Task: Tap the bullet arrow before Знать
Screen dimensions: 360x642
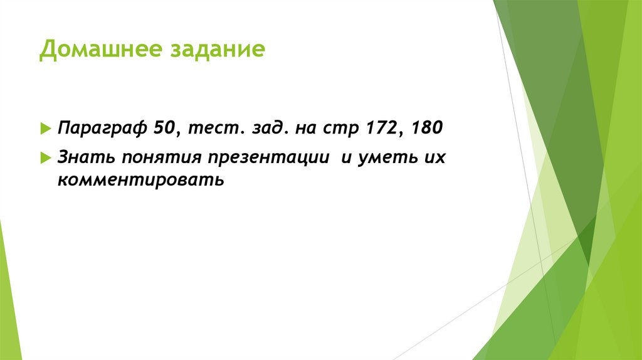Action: tap(45, 157)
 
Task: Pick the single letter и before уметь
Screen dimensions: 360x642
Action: tap(345, 157)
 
